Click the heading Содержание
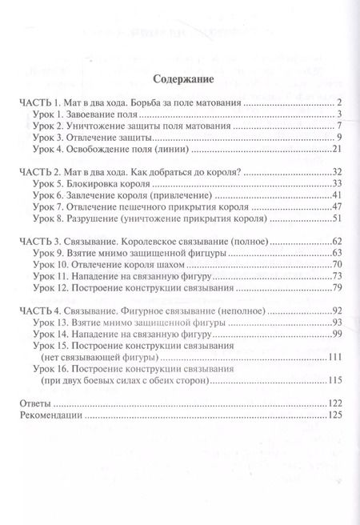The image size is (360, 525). click(x=180, y=79)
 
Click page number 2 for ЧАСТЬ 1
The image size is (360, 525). click(x=340, y=102)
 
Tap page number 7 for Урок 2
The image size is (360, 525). click(x=340, y=126)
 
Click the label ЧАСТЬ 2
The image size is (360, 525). click(x=38, y=173)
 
